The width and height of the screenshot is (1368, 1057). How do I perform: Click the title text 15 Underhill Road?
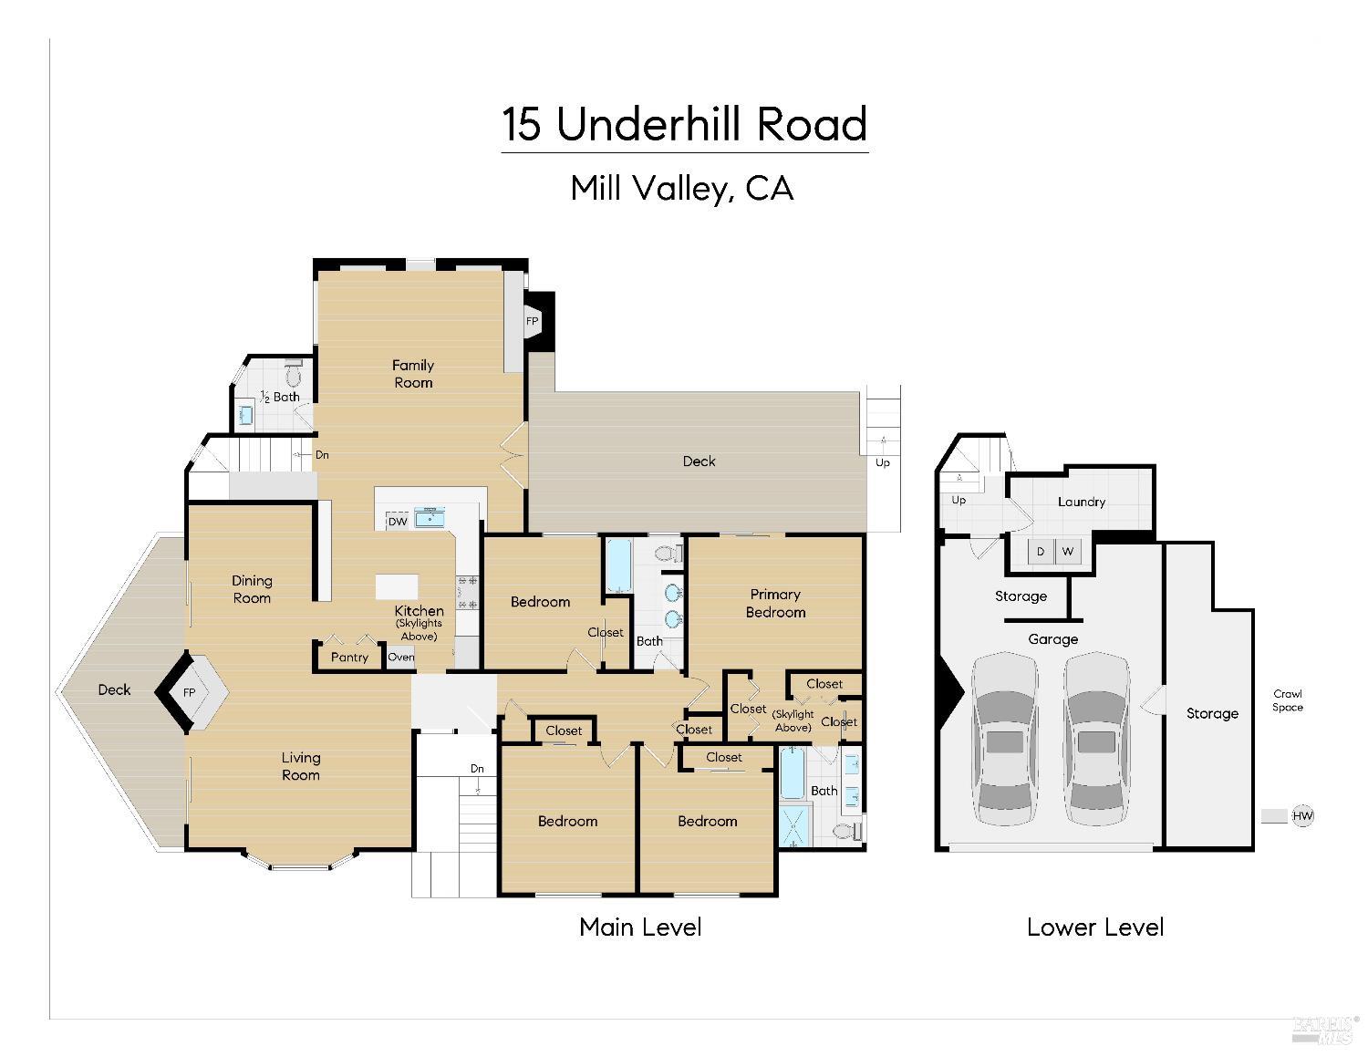[x=684, y=124]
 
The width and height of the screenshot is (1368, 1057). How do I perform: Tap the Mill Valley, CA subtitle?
[x=681, y=189]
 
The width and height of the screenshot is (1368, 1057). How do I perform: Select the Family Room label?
[x=413, y=374]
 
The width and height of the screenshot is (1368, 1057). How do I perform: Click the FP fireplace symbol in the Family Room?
[x=533, y=322]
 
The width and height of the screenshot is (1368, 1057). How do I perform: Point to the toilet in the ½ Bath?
[x=294, y=375]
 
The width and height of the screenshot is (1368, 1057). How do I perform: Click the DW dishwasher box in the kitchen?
[x=398, y=522]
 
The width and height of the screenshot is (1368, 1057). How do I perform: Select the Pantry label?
[x=349, y=657]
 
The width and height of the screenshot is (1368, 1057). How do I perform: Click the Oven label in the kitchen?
[x=400, y=657]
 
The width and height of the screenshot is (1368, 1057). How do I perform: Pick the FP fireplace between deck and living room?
[x=190, y=692]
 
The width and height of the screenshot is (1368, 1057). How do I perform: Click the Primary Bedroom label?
[x=775, y=603]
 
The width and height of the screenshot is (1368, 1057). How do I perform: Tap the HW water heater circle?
[x=1302, y=816]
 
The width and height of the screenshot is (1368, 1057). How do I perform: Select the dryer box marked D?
[x=1040, y=552]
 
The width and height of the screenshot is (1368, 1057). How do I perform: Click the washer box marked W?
[x=1067, y=552]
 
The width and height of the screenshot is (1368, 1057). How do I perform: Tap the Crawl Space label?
[x=1288, y=700]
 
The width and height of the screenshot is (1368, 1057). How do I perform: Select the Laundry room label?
[x=1082, y=502]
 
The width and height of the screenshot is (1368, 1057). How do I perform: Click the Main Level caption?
[x=640, y=927]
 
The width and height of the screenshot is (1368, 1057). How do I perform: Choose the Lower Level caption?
[x=1094, y=927]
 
